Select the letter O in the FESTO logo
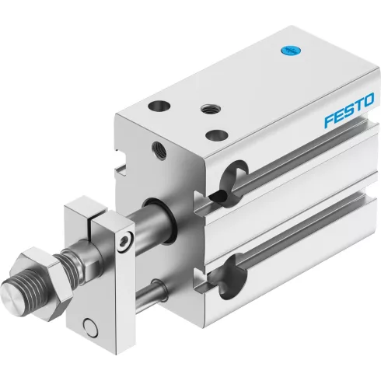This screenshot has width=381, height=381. [x=368, y=100]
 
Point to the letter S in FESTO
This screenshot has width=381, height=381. [x=348, y=110]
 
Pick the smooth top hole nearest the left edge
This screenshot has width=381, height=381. [x=159, y=106]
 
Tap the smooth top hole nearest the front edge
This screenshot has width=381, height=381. [x=216, y=135]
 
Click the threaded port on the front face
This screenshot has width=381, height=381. [x=159, y=150]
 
